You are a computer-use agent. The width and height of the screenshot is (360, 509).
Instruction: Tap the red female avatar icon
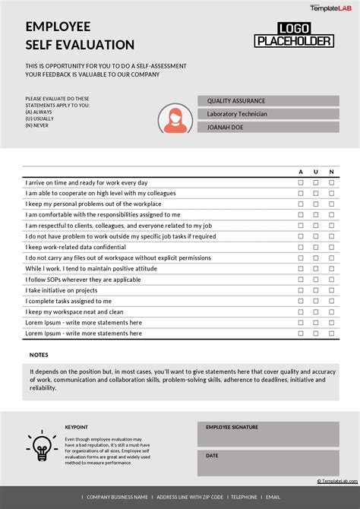[x=174, y=118]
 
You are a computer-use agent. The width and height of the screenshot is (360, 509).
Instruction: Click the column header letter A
[x=300, y=172]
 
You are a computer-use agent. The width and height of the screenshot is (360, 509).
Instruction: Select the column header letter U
[x=316, y=172]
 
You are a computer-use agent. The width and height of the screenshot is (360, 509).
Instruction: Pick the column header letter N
[x=331, y=172]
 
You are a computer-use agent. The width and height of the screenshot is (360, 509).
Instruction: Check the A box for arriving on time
[x=300, y=183]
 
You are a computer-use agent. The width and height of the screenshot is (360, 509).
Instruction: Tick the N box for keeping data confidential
[x=331, y=247]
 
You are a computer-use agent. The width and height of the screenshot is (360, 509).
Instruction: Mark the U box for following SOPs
[x=316, y=280]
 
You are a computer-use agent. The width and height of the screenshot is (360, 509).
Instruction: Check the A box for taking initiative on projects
[x=300, y=290]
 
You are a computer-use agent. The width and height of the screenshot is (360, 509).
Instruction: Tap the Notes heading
[x=39, y=355]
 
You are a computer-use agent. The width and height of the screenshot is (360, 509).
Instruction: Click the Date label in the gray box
[x=212, y=456]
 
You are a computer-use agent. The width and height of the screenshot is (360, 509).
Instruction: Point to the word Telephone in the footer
[x=244, y=498]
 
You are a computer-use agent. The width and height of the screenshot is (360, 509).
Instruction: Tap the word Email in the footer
[x=273, y=498]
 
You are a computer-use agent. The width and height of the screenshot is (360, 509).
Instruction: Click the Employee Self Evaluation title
[x=80, y=36]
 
